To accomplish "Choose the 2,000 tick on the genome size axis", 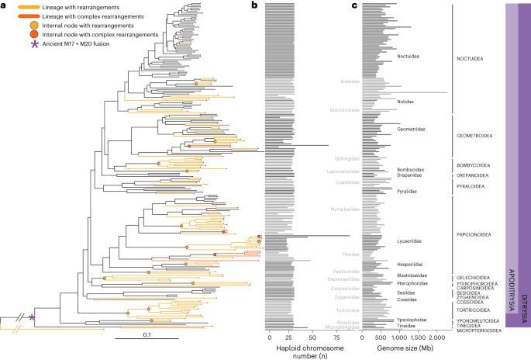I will pos(437,337).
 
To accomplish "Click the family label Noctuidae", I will pos(410,57).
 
